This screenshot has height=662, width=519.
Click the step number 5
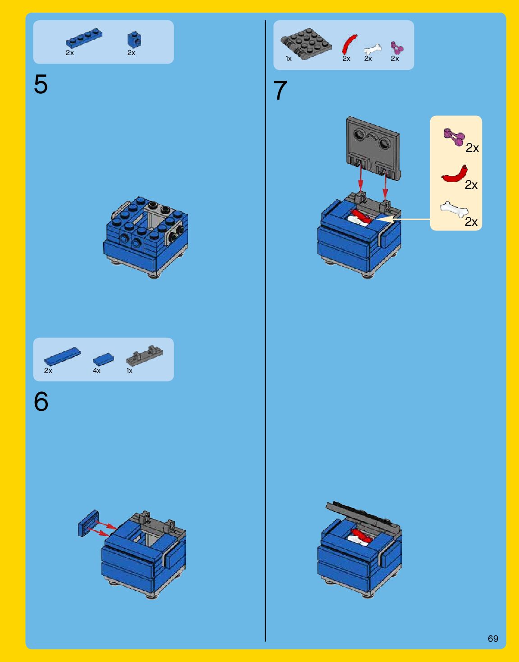tap(41, 84)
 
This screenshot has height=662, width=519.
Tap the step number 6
tap(41, 401)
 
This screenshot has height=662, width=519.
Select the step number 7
tap(280, 90)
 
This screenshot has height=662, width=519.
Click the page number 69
tap(493, 638)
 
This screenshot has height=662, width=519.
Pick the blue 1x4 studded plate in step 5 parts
tap(84, 38)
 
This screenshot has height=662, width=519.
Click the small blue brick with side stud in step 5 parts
tap(134, 40)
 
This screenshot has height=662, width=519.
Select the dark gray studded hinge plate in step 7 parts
tap(306, 44)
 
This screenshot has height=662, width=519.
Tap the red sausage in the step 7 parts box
tap(349, 44)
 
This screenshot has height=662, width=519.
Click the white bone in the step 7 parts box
tap(372, 49)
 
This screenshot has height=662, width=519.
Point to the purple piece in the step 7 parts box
tap(397, 48)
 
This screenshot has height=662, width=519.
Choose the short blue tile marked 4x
tap(104, 359)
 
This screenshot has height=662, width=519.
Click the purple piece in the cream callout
tap(454, 137)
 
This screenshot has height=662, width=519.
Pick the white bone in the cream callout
tap(454, 209)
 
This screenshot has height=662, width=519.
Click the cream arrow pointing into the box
tap(403, 219)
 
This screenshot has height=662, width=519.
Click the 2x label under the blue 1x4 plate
tap(70, 53)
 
